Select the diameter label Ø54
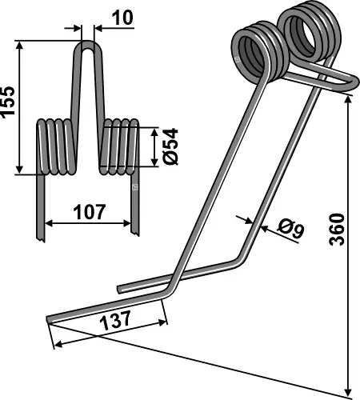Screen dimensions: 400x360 [169, 146]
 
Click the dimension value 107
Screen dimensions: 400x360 [89, 212]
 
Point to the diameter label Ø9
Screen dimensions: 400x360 [290, 231]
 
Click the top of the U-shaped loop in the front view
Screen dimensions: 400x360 [88, 46]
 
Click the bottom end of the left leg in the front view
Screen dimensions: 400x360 [38, 234]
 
